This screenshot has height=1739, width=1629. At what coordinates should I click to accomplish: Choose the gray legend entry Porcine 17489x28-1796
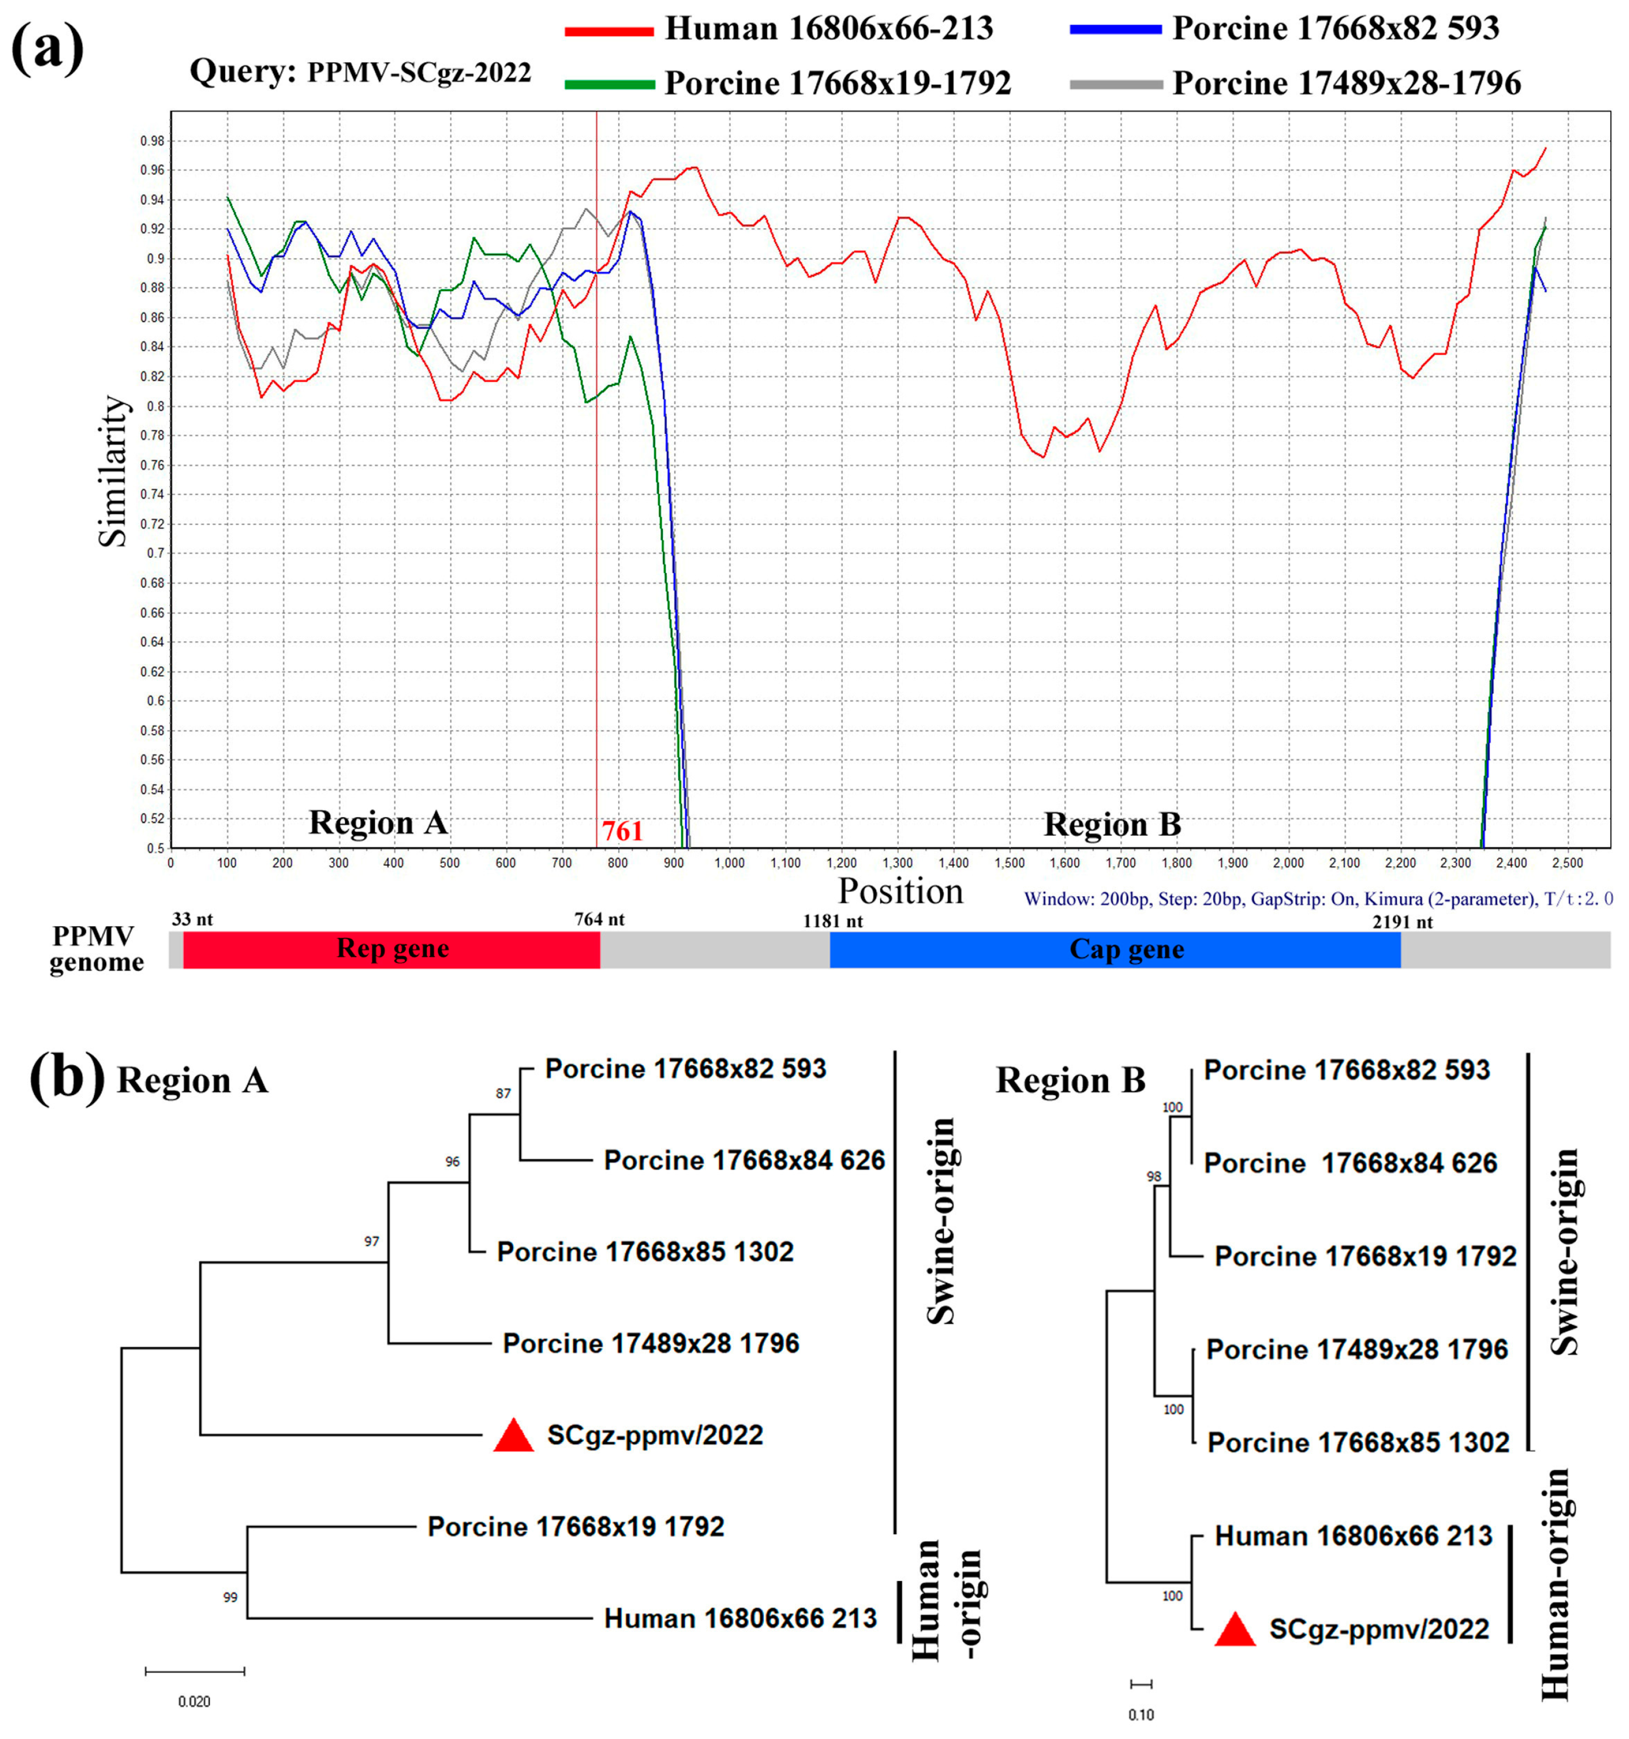click(1346, 83)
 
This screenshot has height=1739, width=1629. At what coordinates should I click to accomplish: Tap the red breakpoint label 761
click(622, 830)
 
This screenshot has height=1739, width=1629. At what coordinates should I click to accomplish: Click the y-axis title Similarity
click(113, 472)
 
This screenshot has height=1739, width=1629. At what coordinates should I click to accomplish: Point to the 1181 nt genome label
click(832, 921)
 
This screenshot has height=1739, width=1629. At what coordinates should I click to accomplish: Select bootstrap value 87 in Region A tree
click(503, 1093)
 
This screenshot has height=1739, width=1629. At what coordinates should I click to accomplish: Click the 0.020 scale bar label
click(194, 1701)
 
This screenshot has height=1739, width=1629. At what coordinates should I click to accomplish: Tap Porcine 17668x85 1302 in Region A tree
click(645, 1252)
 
